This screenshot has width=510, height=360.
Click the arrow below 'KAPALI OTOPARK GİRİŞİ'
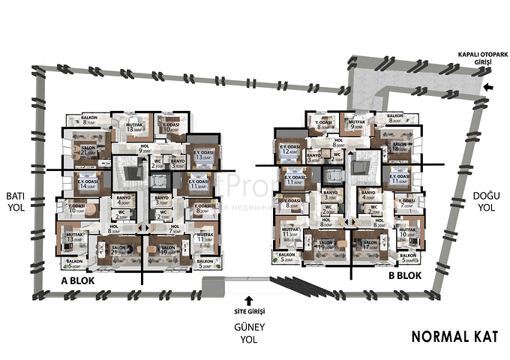pyautogui.click(x=488, y=88)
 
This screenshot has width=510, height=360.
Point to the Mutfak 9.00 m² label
pyautogui.click(x=352, y=126)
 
